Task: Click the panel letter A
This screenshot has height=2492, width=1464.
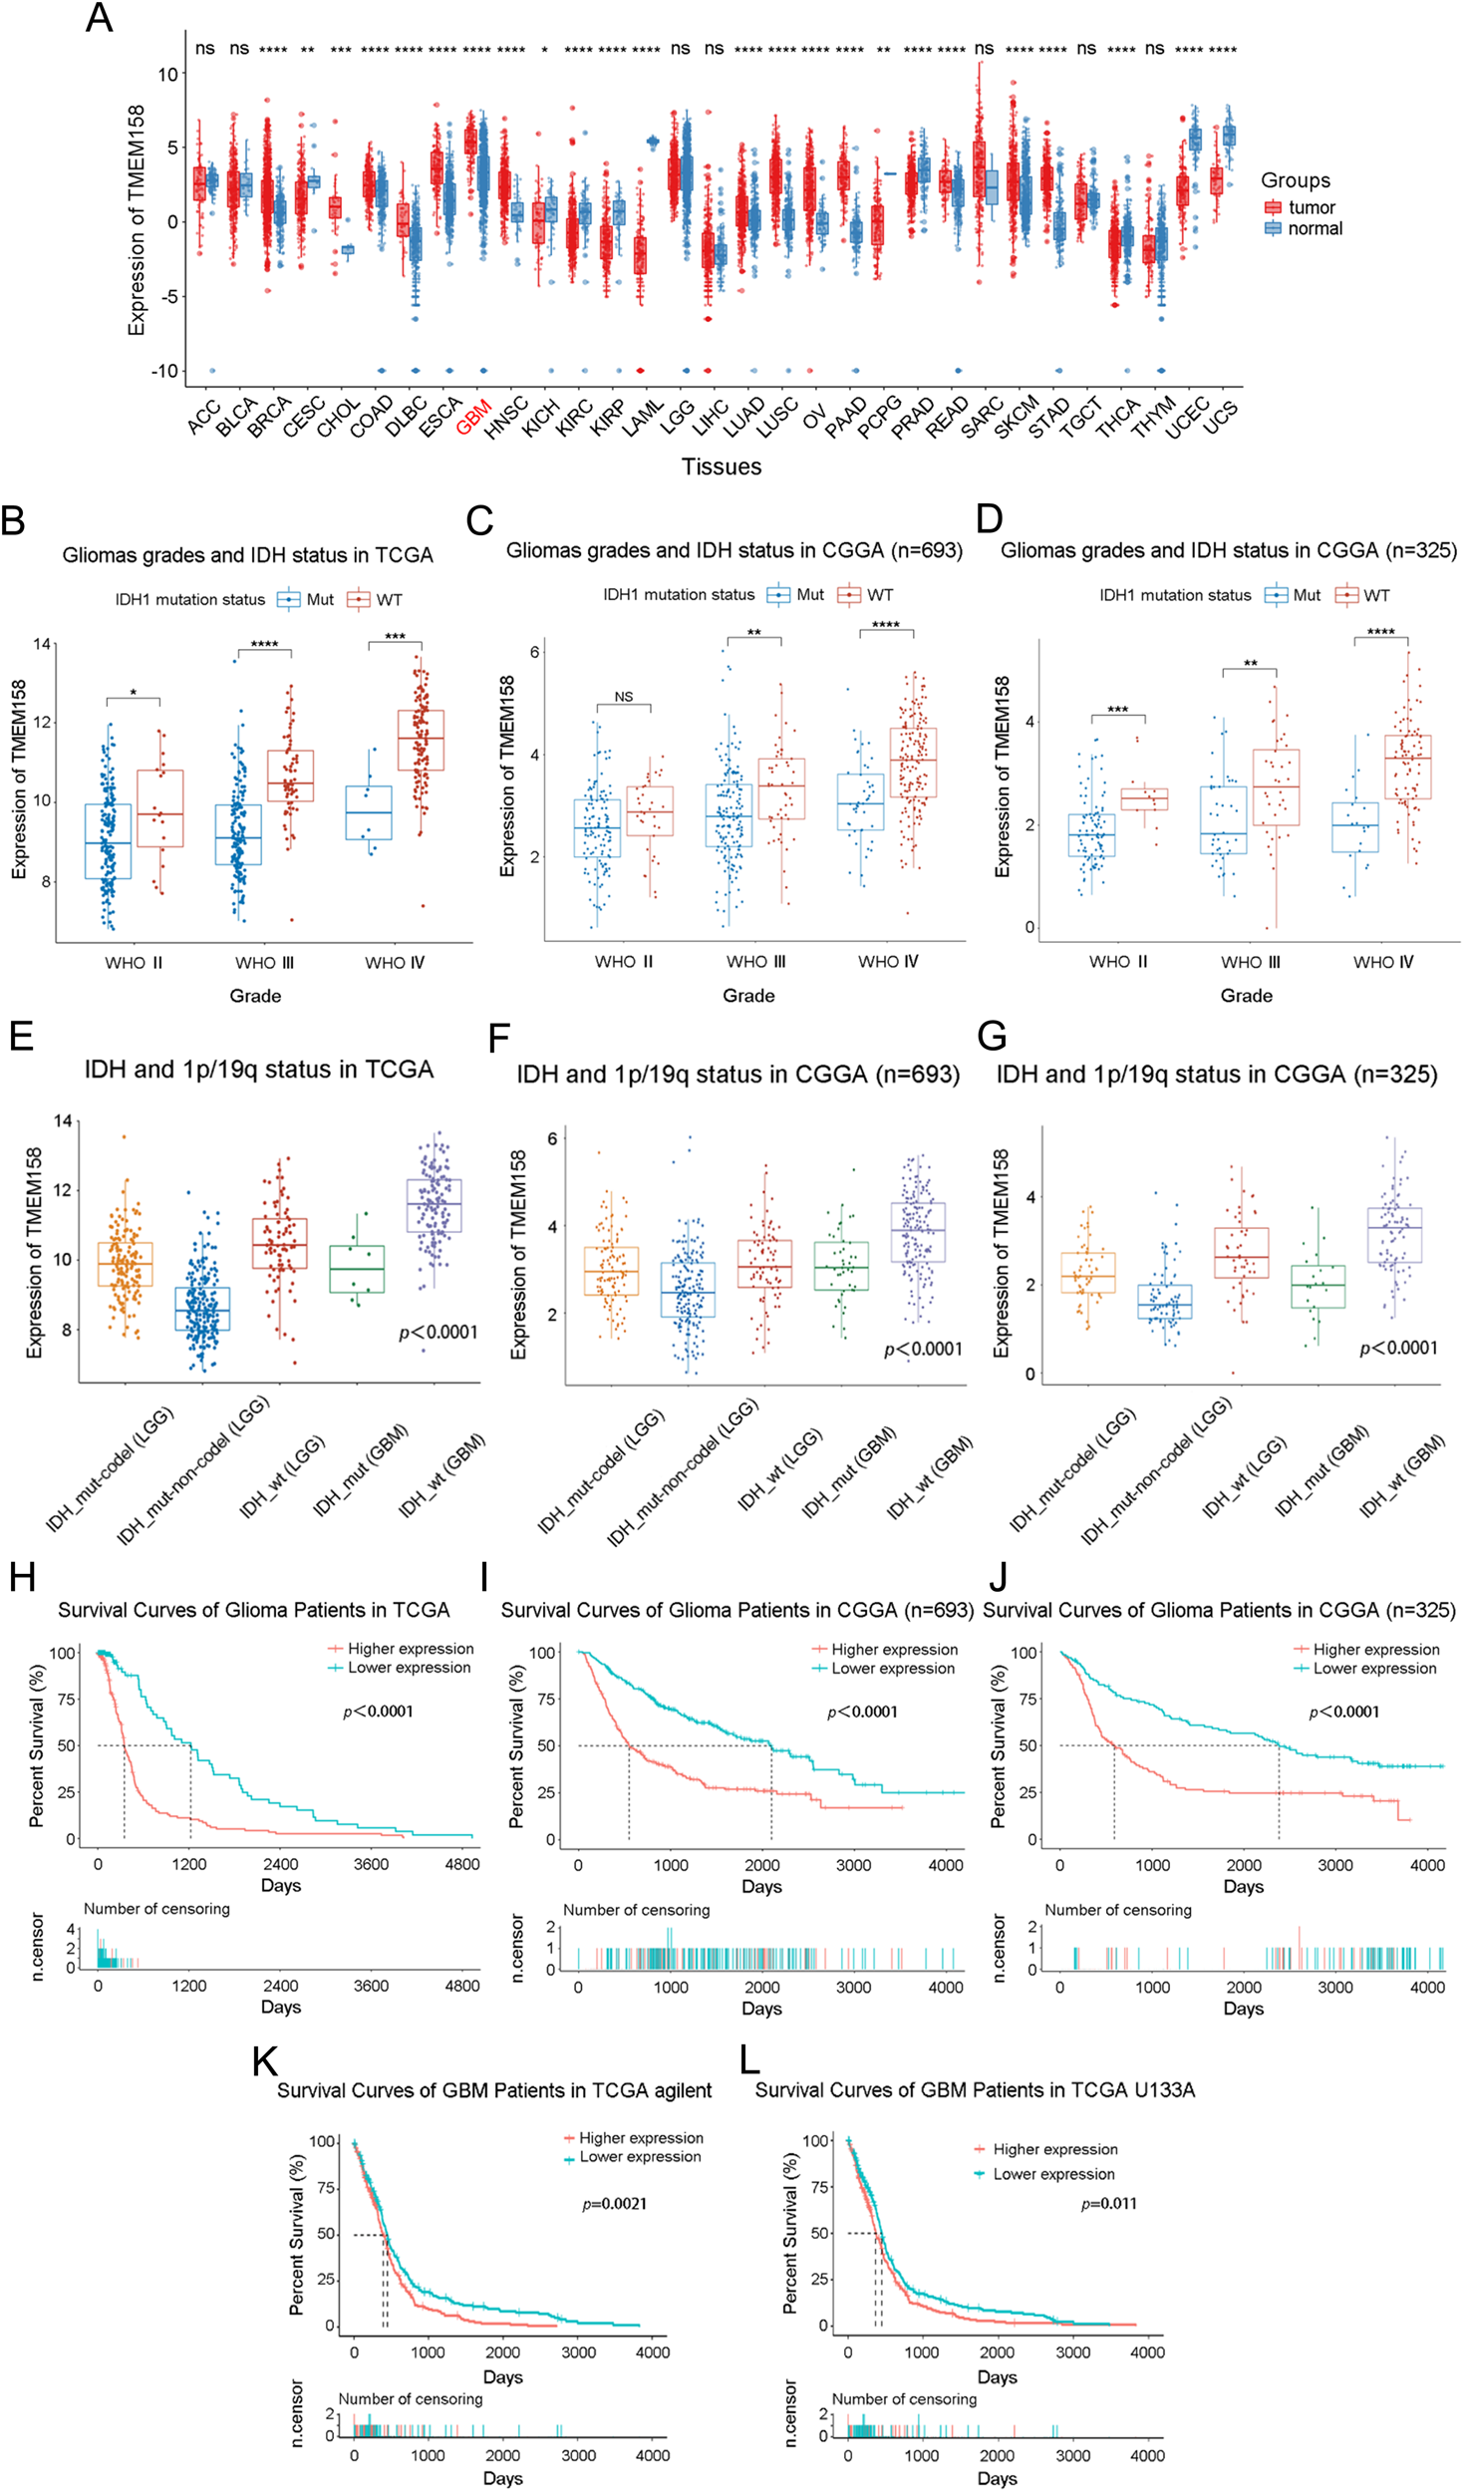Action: pyautogui.click(x=99, y=19)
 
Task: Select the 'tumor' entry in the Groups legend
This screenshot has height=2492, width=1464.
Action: pyautogui.click(x=1311, y=207)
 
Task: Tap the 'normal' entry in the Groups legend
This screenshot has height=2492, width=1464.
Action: pyautogui.click(x=1314, y=228)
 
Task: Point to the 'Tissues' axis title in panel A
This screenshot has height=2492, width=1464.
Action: pyautogui.click(x=721, y=467)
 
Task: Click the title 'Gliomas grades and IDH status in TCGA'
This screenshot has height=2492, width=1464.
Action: pyautogui.click(x=247, y=555)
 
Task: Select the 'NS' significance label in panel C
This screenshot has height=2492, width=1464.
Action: pyautogui.click(x=624, y=697)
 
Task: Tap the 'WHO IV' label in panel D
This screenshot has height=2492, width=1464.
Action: pyautogui.click(x=1382, y=962)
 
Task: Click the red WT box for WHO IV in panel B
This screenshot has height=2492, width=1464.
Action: pyautogui.click(x=421, y=740)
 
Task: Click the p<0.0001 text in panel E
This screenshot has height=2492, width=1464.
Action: pyautogui.click(x=438, y=1333)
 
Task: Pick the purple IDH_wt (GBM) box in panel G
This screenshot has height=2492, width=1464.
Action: pyautogui.click(x=1394, y=1235)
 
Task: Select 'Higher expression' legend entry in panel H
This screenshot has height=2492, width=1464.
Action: pyautogui.click(x=410, y=1649)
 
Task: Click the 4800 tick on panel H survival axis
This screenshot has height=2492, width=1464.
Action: pyautogui.click(x=461, y=1864)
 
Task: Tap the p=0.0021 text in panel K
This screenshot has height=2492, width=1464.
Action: pyautogui.click(x=614, y=2204)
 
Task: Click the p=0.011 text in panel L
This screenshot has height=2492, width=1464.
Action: pyautogui.click(x=1108, y=2204)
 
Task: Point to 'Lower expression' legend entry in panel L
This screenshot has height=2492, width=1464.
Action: pyautogui.click(x=1053, y=2174)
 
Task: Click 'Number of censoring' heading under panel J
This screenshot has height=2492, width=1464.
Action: pyautogui.click(x=1117, y=1910)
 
